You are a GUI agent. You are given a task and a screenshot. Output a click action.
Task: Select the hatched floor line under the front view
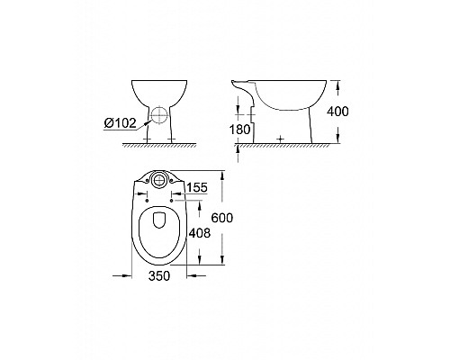[157, 144]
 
